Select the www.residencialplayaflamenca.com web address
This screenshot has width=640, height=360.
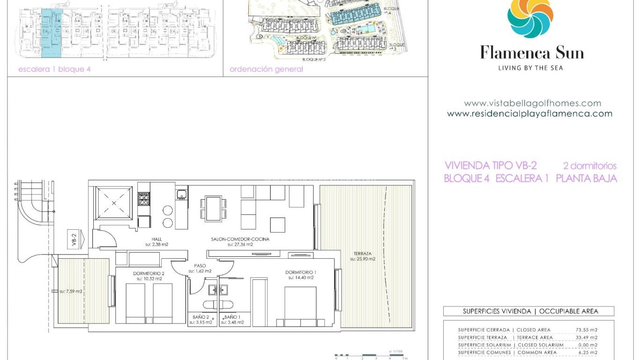529,113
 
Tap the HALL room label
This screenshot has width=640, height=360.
156,239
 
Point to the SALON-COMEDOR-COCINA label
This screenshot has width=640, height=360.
240,239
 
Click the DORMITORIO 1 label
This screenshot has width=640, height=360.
301,272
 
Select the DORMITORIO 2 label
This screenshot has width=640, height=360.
149,273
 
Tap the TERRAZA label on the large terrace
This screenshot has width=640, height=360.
363,254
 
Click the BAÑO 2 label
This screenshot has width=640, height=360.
200,317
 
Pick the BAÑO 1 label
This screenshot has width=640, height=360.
232,317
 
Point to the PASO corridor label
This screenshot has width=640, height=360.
200,266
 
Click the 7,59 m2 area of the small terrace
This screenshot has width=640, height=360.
71,291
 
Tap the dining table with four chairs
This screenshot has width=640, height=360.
213,208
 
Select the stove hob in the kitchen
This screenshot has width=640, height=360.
144,199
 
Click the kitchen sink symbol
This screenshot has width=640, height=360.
182,194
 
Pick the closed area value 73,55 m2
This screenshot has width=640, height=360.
586,330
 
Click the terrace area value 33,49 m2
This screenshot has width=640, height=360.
586,337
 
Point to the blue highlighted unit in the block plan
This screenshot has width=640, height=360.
52,33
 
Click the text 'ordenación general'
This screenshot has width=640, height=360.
266,69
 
